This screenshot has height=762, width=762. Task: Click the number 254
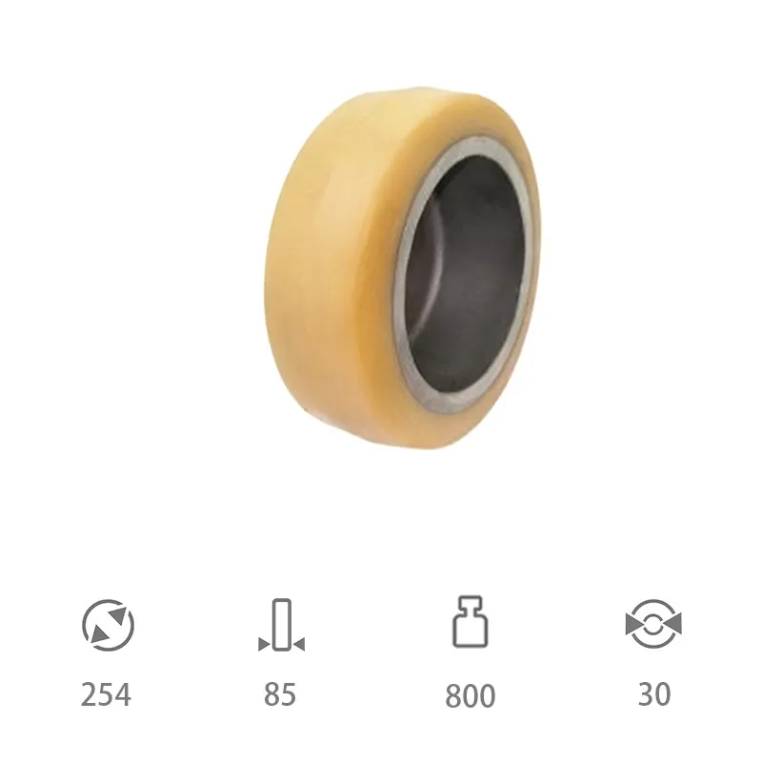pyautogui.click(x=106, y=694)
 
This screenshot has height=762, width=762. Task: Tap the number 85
pyautogui.click(x=280, y=694)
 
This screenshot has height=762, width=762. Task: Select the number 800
pyautogui.click(x=470, y=695)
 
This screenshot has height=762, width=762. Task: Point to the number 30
pyautogui.click(x=654, y=694)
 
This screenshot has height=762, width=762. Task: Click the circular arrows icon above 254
pyautogui.click(x=108, y=625)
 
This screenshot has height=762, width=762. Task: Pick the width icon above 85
pyautogui.click(x=281, y=625)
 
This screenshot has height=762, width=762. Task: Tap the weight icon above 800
pyautogui.click(x=470, y=622)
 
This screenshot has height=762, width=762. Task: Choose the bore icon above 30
pyautogui.click(x=653, y=624)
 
